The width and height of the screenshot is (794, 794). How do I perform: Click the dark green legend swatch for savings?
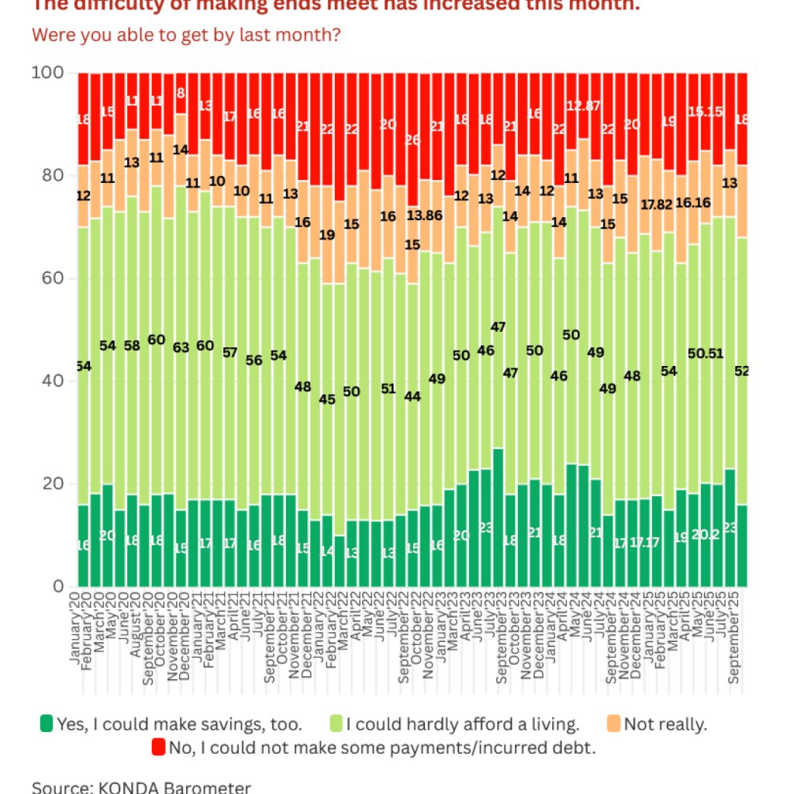[47, 724]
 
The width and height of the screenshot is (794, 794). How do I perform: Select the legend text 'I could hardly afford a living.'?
[462, 724]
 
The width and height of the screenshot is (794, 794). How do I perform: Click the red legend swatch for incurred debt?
[158, 747]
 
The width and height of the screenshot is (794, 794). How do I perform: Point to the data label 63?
[181, 347]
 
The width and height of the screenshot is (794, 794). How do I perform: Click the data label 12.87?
[584, 105]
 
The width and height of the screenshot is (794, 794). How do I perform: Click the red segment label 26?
[413, 140]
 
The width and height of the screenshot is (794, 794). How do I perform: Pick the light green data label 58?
[132, 345]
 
